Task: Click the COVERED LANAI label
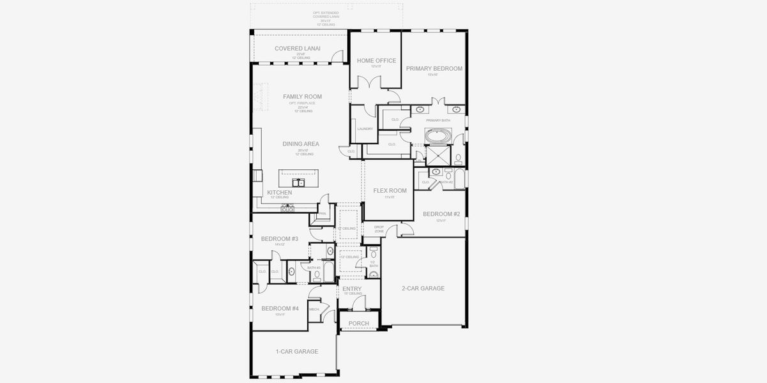pyautogui.click(x=297, y=49)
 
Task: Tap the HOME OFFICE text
pyautogui.click(x=376, y=61)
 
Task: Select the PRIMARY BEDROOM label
pyautogui.click(x=434, y=68)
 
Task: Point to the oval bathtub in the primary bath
pyautogui.click(x=438, y=136)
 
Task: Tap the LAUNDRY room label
pyautogui.click(x=365, y=129)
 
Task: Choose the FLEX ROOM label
pyautogui.click(x=390, y=190)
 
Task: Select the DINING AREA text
pyautogui.click(x=300, y=144)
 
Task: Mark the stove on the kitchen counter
pyautogui.click(x=287, y=207)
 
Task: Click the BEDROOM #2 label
pyautogui.click(x=441, y=214)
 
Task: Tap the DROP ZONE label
pyautogui.click(x=379, y=229)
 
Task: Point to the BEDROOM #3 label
pyautogui.click(x=280, y=239)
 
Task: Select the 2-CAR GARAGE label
pyautogui.click(x=423, y=289)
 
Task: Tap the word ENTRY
pyautogui.click(x=352, y=289)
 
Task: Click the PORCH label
pyautogui.click(x=358, y=324)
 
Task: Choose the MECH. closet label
pyautogui.click(x=314, y=310)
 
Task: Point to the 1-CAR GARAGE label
pyautogui.click(x=296, y=352)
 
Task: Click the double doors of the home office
pyautogui.click(x=365, y=82)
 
